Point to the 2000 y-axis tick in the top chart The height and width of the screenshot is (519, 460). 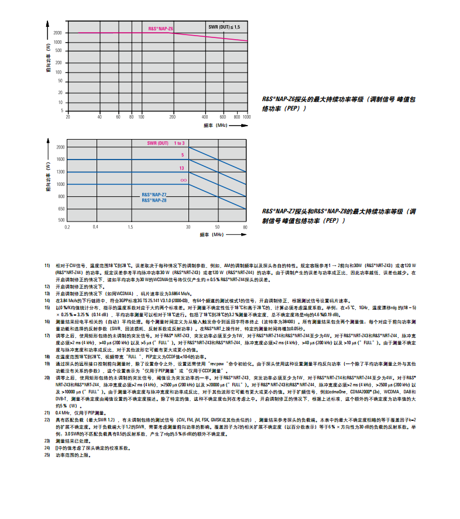point(58,33)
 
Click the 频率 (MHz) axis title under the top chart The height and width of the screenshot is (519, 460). point(215,125)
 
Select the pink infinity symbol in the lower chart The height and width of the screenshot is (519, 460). point(183,181)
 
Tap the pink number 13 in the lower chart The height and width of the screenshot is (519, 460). point(181,168)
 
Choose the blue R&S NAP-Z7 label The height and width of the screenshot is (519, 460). point(154,195)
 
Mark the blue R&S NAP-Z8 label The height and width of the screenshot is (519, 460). point(154,200)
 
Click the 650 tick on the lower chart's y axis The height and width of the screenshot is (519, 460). point(60,209)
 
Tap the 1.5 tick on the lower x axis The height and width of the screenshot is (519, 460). point(130,227)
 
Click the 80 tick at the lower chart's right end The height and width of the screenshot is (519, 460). point(245,227)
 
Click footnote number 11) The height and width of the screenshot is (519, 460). point(47,266)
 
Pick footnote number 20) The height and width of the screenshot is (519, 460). point(47,378)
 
